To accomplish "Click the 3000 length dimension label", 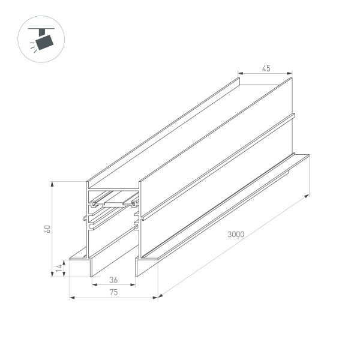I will [x=236, y=235].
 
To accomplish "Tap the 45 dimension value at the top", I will [x=266, y=68].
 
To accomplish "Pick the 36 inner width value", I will [x=113, y=280].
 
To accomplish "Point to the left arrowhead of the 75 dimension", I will [x=71, y=296].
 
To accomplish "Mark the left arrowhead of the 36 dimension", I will [x=93, y=284].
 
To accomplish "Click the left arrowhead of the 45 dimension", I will [x=240, y=73].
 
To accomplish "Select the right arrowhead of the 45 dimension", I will [x=292, y=73].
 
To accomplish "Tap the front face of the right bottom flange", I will [x=147, y=268].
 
